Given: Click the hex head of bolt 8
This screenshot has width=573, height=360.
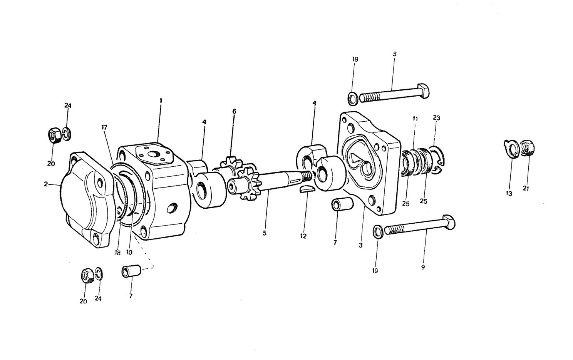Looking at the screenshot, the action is pyautogui.click(x=423, y=90).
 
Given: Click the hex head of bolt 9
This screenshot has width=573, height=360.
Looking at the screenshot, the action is pyautogui.click(x=448, y=223).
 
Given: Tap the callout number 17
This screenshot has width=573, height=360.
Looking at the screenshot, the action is pyautogui.click(x=104, y=127).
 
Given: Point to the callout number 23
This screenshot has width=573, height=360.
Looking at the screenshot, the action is pyautogui.click(x=436, y=118).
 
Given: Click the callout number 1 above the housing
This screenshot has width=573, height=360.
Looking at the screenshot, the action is pyautogui.click(x=161, y=101).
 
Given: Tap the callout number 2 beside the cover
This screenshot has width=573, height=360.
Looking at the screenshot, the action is pyautogui.click(x=46, y=184).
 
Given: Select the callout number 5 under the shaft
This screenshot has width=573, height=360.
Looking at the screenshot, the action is pyautogui.click(x=265, y=233).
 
